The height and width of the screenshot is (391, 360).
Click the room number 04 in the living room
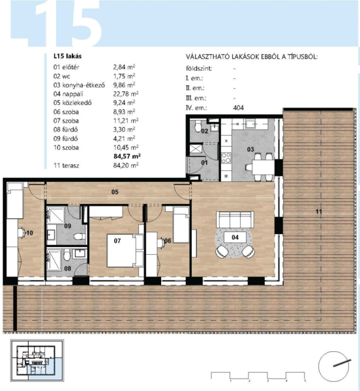click(235, 237)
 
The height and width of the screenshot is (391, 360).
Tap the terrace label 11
click(318, 211)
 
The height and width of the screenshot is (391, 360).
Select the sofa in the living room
click(235, 220)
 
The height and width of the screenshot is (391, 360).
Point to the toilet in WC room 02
click(198, 126)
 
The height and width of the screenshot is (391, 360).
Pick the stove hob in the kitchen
click(226, 158)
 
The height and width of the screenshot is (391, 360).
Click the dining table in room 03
click(263, 167)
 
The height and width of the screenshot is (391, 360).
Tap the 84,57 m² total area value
click(127, 156)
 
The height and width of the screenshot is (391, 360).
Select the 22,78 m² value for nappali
click(126, 94)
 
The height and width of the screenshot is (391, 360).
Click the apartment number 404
click(238, 108)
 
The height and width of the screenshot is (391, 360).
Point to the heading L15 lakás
click(67, 56)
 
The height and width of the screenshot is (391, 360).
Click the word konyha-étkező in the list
click(83, 85)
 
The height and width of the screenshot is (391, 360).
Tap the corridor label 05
click(115, 192)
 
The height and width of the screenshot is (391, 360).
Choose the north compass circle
click(333, 366)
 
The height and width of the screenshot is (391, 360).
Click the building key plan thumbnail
click(37, 360)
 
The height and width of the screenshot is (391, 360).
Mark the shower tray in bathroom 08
click(54, 260)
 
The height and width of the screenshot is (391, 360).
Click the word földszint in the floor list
click(199, 68)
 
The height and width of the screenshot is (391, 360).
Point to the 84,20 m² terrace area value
click(126, 166)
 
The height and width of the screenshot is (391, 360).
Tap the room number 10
click(29, 233)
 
